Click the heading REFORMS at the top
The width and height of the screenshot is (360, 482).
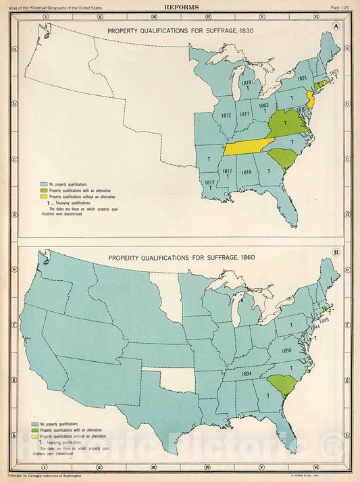pyautogui.click(x=180, y=6)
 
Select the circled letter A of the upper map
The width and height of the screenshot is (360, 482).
pyautogui.click(x=335, y=28)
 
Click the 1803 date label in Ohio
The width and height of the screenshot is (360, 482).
pyautogui.click(x=264, y=105)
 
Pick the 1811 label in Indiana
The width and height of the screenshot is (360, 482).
pyautogui.click(x=243, y=114)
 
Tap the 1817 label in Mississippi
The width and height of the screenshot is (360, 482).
pyautogui.click(x=227, y=170)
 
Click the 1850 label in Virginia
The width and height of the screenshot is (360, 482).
pyautogui.click(x=286, y=350)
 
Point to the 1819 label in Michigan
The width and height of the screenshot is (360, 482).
pyautogui.click(x=247, y=83)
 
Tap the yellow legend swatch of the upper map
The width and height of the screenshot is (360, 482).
pyautogui.click(x=44, y=196)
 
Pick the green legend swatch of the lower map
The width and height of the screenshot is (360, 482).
pyautogui.click(x=44, y=430)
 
